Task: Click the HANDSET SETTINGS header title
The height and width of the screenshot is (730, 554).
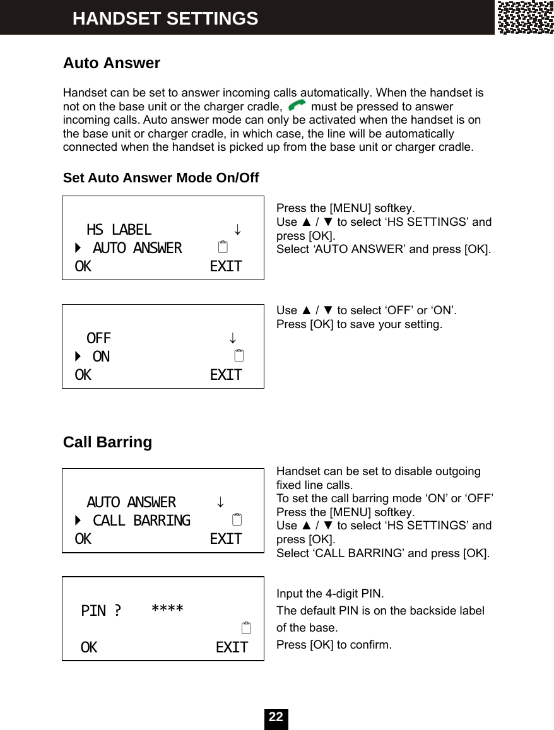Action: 165,18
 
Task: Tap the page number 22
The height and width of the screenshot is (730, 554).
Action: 276,717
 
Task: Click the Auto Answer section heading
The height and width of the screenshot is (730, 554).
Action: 112,63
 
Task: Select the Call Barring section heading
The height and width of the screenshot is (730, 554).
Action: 107,442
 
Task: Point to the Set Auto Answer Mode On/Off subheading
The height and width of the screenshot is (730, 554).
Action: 161,178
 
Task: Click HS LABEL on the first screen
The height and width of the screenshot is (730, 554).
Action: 119,230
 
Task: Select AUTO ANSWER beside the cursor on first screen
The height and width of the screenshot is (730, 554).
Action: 137,248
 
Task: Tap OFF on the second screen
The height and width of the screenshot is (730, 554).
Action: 98,338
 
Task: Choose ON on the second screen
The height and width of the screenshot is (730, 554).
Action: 101,356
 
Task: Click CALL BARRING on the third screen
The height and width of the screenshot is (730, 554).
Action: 141,521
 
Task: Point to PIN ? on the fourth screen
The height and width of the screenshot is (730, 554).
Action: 101,611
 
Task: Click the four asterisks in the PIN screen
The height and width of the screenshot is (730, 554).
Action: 167,609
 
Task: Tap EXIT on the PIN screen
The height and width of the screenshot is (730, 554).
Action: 232,647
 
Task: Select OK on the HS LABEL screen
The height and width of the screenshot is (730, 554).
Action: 83,266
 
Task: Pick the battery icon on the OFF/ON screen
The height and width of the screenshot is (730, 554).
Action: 238,356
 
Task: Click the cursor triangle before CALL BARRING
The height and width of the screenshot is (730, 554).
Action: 78,521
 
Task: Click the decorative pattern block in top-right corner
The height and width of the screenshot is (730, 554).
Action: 525,17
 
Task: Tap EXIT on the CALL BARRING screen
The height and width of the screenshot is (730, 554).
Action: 225,539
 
